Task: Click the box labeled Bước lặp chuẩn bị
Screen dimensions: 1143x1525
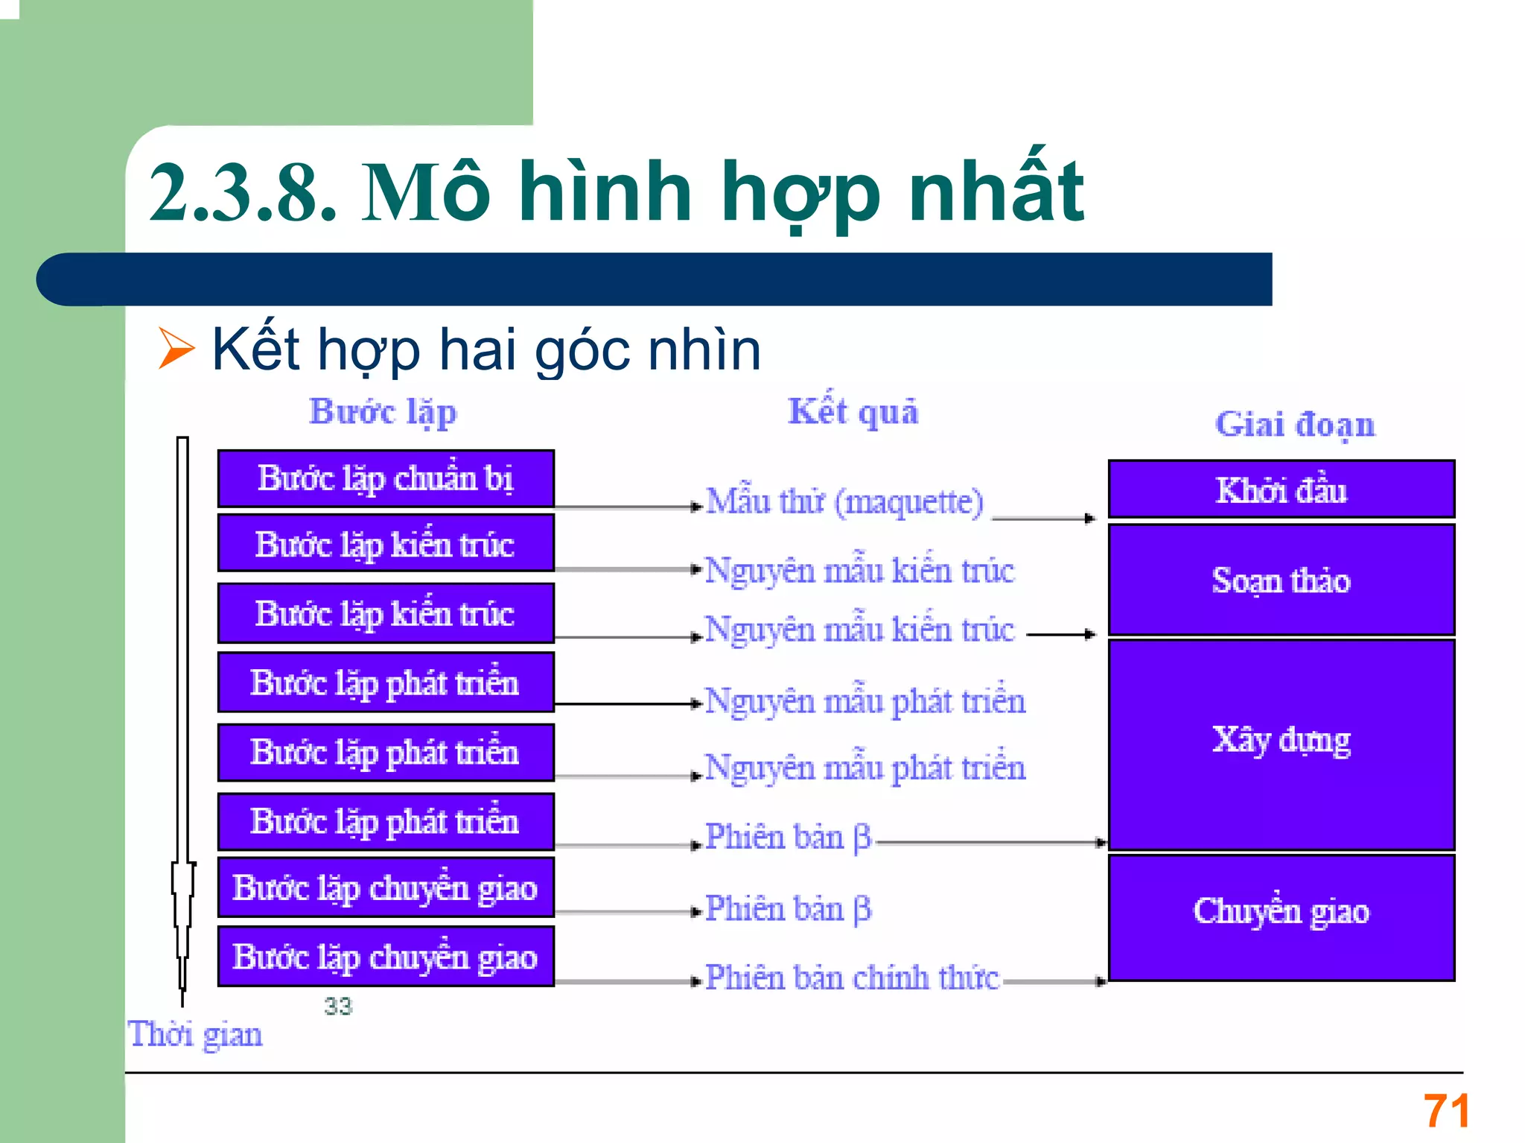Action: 386,478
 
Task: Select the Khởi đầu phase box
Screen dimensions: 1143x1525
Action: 1281,490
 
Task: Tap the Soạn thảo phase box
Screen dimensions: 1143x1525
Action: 1281,580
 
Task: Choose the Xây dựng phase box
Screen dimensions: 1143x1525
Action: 1281,741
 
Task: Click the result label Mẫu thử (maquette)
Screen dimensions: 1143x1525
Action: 844,501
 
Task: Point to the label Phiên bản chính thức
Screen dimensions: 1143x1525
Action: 852,978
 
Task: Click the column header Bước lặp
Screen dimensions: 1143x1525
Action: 383,412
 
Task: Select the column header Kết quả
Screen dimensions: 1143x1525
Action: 853,412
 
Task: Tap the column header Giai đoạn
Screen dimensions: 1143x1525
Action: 1295,425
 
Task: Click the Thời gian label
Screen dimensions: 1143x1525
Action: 195,1035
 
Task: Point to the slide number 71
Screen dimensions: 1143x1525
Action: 1446,1111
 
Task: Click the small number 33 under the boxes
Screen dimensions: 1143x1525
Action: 338,1007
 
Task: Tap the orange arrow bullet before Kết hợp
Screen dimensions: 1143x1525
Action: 176,349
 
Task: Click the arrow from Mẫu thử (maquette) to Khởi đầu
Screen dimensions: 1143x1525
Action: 1044,518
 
